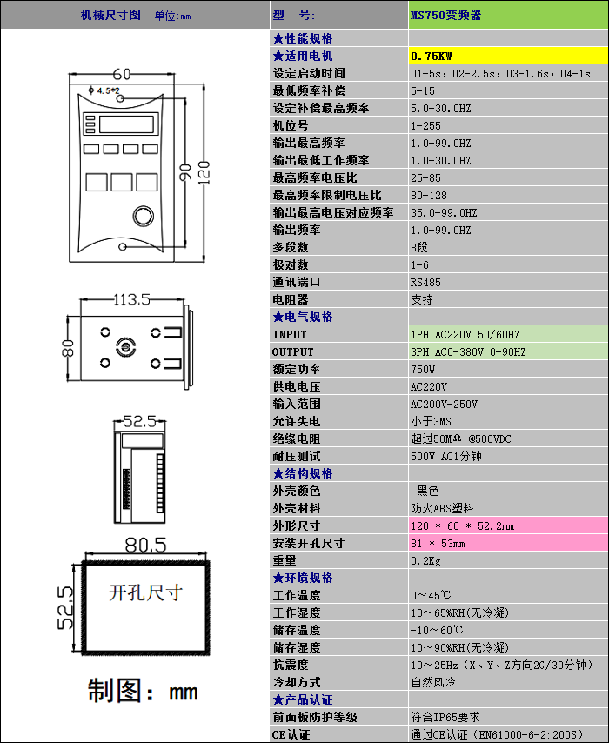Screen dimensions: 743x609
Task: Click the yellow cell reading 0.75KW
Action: tap(432, 57)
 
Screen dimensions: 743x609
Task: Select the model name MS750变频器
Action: tap(446, 15)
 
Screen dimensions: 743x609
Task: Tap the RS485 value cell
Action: tap(425, 283)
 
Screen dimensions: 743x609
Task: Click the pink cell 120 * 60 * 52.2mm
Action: tap(462, 526)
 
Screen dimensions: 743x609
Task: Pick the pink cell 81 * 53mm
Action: tap(438, 544)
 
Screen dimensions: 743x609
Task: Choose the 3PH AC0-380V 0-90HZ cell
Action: tap(468, 352)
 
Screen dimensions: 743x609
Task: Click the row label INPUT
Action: tap(290, 335)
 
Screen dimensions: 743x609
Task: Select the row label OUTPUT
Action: tap(293, 352)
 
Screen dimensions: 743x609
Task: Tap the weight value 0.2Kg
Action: tap(425, 561)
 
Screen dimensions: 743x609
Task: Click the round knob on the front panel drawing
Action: tap(141, 215)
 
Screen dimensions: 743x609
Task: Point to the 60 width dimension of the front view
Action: tap(122, 74)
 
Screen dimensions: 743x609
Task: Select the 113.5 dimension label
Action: tap(132, 299)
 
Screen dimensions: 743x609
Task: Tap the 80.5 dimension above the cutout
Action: tap(144, 546)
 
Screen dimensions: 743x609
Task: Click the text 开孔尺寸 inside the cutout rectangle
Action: tap(145, 593)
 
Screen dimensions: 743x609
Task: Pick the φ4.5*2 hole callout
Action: tap(105, 90)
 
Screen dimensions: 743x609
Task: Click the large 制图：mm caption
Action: tap(143, 692)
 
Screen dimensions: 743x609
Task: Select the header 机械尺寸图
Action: tap(110, 15)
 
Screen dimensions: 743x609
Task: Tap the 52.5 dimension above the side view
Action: tap(139, 421)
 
